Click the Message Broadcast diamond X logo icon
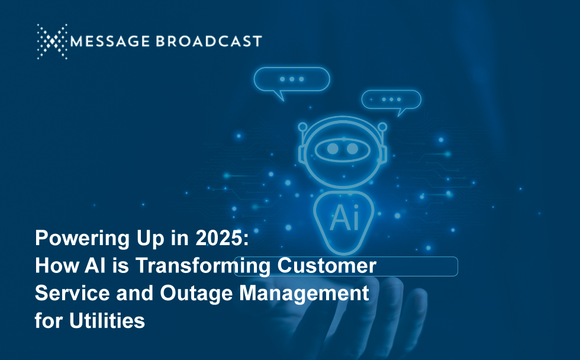52,41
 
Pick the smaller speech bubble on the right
391,102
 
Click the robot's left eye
333,149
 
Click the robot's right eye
353,149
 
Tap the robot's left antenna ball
302,127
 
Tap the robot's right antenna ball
382,127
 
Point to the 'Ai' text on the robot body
344,217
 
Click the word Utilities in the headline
107,320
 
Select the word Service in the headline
72,293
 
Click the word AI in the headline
95,265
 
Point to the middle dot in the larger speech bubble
292,79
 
